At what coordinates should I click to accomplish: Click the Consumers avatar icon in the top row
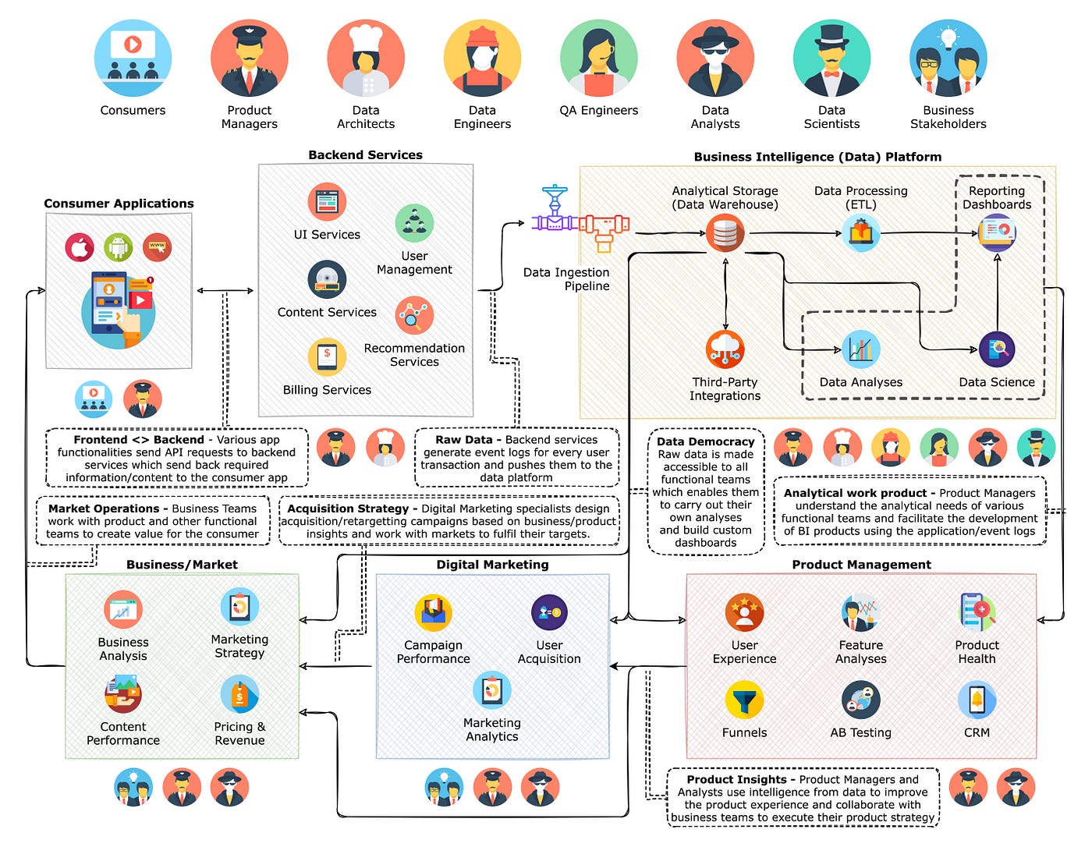point(133,58)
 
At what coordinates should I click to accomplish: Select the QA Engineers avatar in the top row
point(598,58)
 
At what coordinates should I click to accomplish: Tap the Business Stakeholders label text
point(948,117)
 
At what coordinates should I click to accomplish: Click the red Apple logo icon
point(80,247)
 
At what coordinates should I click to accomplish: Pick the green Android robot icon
point(119,247)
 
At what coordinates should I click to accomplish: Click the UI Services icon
point(327,202)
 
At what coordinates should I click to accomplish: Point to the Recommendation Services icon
point(414,315)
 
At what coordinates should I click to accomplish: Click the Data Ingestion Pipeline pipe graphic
point(580,223)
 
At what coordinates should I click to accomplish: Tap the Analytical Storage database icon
point(725,232)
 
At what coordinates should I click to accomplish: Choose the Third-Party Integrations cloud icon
point(725,349)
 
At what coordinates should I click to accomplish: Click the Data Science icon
point(997,350)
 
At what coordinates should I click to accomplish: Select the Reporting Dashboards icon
point(997,232)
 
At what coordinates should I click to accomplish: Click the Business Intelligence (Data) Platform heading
point(817,157)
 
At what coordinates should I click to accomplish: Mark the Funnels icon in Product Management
point(744,700)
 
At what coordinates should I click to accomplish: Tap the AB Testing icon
point(860,700)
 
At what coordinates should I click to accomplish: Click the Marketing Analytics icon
point(492,690)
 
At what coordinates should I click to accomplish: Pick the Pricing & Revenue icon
point(239,694)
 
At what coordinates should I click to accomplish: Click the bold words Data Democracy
point(705,441)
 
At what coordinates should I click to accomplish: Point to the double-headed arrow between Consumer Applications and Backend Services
point(225,291)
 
